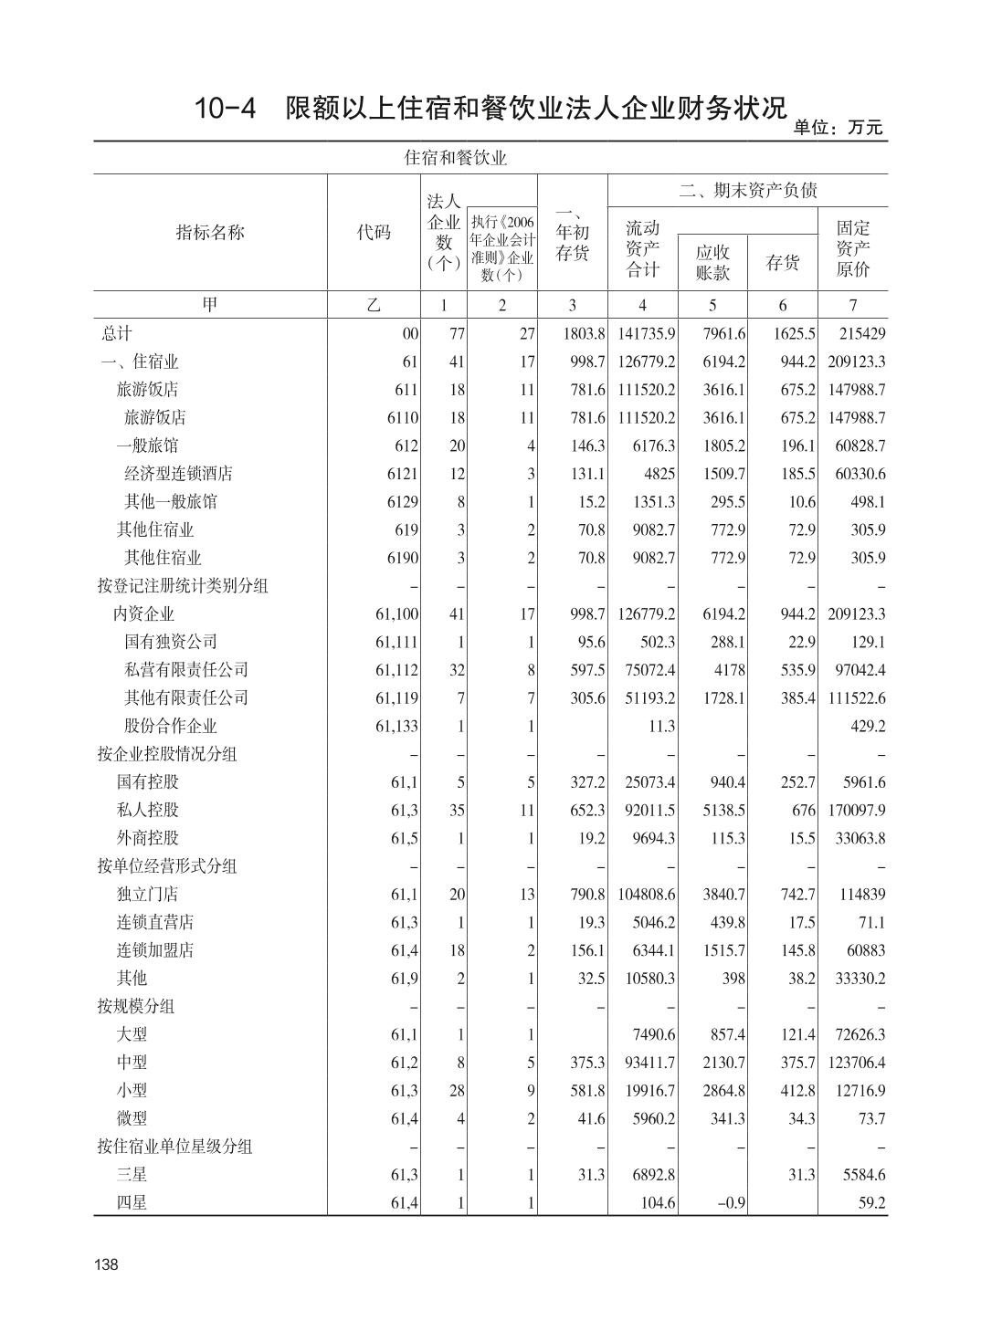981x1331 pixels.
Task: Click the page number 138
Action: [x=106, y=1264]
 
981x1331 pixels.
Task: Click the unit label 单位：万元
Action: [x=839, y=128]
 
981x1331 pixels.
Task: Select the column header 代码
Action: [x=374, y=233]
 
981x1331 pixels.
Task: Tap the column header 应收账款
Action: [x=712, y=262]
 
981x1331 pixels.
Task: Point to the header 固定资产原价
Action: [x=853, y=247]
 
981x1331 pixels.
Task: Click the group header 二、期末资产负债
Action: [x=747, y=190]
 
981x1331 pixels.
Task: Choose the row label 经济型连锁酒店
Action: [x=178, y=474]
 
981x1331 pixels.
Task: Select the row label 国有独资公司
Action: [x=171, y=642]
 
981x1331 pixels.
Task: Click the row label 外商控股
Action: [x=147, y=838]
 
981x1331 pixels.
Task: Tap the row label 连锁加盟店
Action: [x=155, y=950]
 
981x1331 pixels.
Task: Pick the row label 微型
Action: [x=132, y=1118]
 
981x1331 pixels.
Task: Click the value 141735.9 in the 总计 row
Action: [x=646, y=334]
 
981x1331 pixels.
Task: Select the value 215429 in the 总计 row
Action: [x=860, y=334]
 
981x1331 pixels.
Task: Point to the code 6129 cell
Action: [x=402, y=502]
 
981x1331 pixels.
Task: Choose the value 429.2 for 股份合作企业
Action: [x=867, y=726]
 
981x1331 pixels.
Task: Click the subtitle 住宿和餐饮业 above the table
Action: [x=455, y=158]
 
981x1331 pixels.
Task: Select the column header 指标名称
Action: [x=210, y=233]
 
